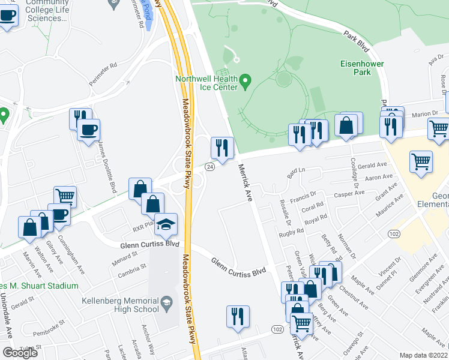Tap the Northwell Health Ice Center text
206,83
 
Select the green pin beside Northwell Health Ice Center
246,80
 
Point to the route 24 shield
209,166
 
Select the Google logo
20,352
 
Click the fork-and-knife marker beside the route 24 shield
222,147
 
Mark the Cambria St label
135,268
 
